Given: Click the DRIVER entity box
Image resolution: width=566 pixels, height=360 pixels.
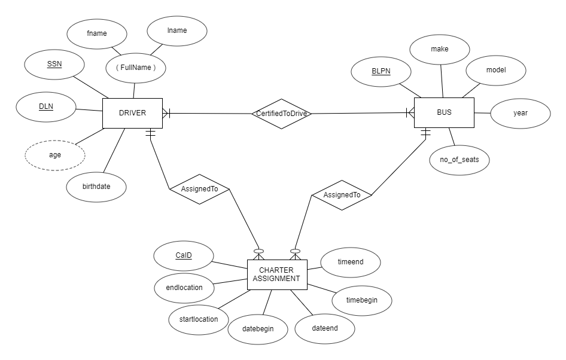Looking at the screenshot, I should click(x=132, y=113).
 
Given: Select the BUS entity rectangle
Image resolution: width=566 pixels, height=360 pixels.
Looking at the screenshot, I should click(x=444, y=112).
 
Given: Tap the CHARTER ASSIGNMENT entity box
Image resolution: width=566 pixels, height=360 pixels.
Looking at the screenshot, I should click(x=276, y=274).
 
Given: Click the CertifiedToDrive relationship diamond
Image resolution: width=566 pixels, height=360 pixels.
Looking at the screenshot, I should click(x=281, y=114).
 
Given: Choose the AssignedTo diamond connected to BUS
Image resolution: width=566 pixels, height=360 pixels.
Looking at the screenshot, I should click(x=342, y=195).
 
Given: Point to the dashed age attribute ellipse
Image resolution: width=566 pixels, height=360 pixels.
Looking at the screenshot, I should click(x=55, y=154).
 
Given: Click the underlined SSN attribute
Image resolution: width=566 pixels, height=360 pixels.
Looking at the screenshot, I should click(x=54, y=64).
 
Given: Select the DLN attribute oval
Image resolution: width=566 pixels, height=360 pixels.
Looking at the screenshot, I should click(x=46, y=107).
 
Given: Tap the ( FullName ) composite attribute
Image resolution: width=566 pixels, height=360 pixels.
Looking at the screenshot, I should click(x=136, y=68).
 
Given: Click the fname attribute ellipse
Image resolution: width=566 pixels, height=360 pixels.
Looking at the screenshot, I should click(x=96, y=33).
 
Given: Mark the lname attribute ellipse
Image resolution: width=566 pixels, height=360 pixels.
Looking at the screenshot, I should click(x=178, y=30).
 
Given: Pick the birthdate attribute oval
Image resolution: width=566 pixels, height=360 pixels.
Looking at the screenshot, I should click(x=96, y=187).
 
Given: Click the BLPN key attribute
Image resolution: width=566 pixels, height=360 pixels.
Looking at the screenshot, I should click(x=381, y=71).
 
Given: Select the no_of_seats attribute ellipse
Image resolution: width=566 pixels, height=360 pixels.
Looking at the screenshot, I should click(x=459, y=160).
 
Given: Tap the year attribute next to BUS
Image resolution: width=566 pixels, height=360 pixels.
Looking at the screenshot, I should click(x=520, y=112).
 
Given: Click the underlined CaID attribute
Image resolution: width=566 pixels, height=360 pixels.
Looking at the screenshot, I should click(x=184, y=256).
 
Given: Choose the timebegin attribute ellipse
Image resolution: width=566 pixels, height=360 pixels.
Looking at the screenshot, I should click(x=362, y=300).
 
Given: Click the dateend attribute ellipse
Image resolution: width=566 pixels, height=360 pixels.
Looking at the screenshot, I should click(x=325, y=328).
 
